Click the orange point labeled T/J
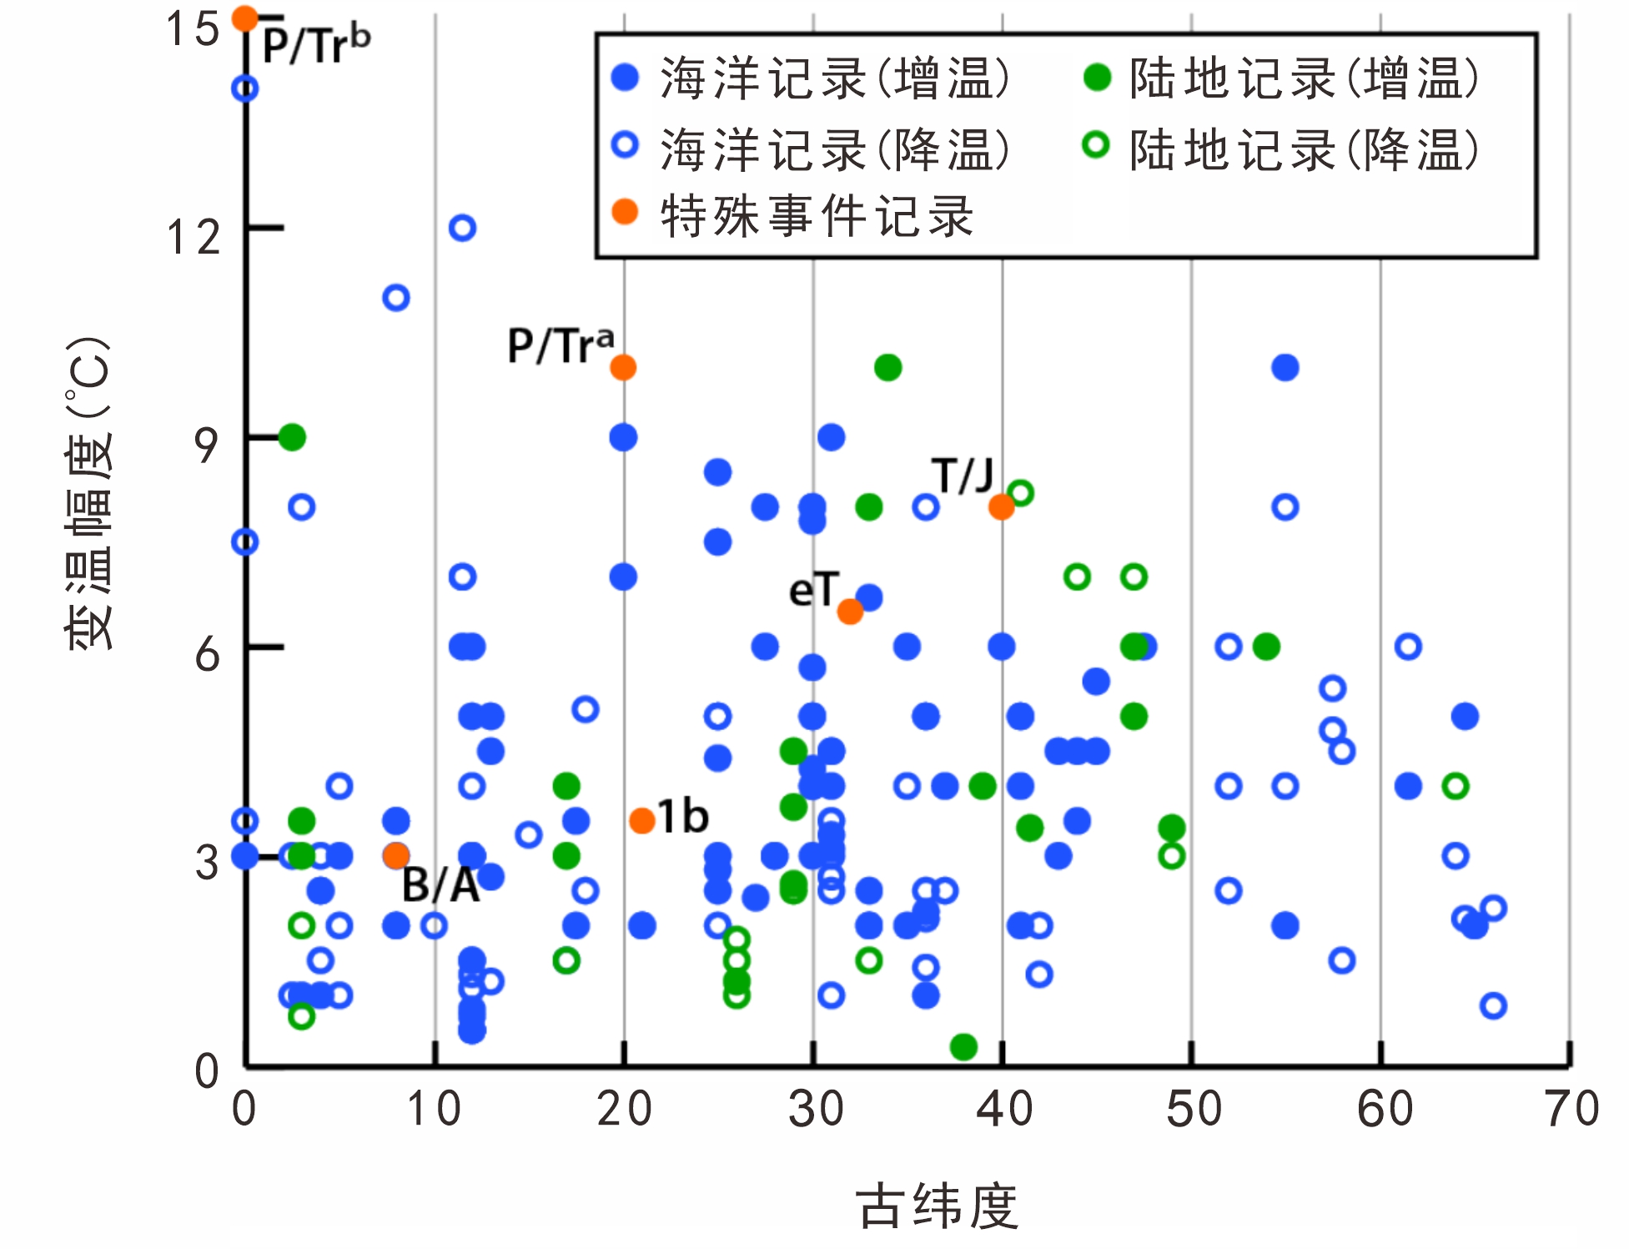point(1001,506)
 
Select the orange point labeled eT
point(850,612)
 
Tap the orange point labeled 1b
point(641,821)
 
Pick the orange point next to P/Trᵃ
point(623,367)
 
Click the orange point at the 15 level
point(245,18)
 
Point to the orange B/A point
point(396,855)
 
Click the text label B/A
point(440,886)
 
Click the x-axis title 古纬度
point(937,1206)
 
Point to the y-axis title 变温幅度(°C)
point(88,492)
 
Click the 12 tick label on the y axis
point(194,238)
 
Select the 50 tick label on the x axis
point(1194,1110)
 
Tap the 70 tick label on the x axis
point(1571,1110)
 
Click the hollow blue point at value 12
point(462,228)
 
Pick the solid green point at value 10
point(887,367)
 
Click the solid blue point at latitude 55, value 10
point(1285,367)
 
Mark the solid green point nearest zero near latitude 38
point(963,1046)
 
